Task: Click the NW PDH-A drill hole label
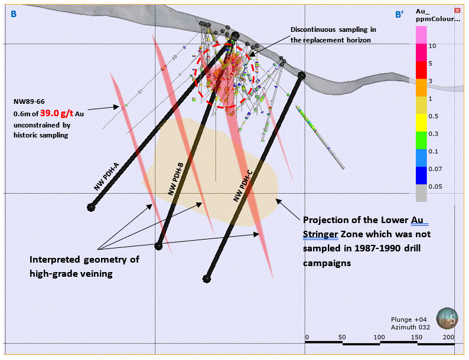[108, 178]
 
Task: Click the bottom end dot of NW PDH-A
[92, 207]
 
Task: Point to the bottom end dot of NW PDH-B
[158, 246]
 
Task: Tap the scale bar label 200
[448, 337]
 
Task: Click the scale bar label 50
[343, 337]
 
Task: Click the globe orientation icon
[447, 319]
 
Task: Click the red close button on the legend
[457, 11]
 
